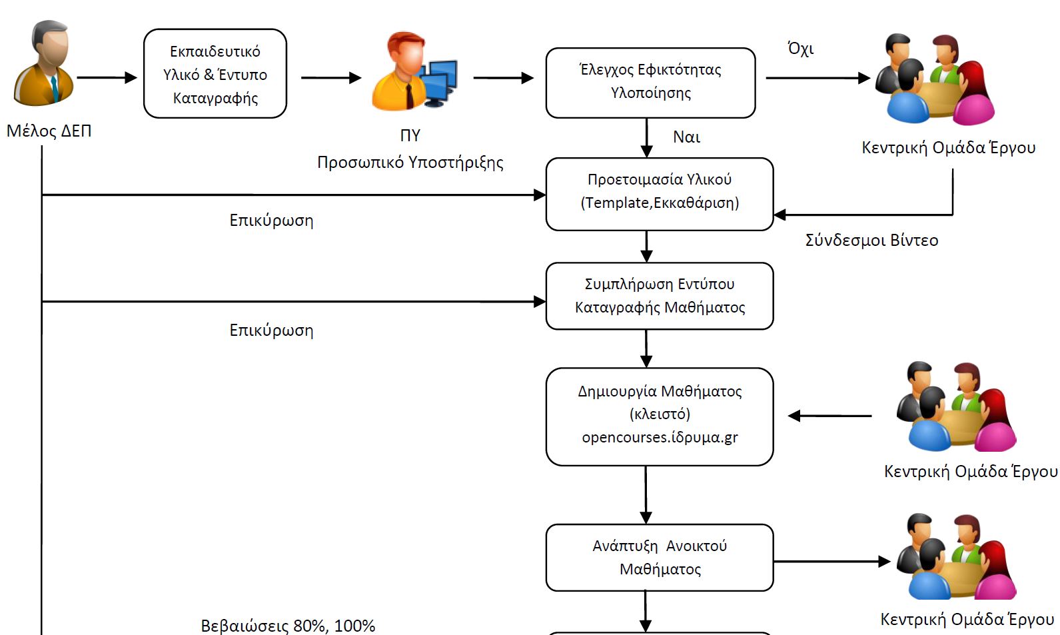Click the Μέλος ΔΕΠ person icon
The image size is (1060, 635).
44,64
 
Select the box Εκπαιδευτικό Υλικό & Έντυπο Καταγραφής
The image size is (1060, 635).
215,74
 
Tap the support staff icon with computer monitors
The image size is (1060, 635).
414,71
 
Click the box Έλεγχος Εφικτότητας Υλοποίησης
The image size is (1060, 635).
650,82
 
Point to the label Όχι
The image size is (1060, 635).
800,49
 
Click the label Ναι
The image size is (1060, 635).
686,137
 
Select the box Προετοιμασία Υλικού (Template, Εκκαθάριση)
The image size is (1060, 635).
660,194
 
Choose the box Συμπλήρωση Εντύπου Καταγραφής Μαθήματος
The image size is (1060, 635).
660,296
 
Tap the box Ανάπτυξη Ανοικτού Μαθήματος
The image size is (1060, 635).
660,558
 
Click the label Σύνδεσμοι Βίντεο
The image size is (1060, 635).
871,241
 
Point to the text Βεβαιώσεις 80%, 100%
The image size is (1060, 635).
288,626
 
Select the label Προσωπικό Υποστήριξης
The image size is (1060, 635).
410,163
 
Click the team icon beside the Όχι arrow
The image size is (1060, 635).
934,79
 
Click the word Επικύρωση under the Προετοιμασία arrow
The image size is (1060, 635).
271,221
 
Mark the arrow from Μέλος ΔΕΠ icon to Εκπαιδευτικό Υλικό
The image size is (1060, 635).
107,77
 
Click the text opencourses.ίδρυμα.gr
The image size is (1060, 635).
660,438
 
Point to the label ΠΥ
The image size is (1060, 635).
410,136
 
